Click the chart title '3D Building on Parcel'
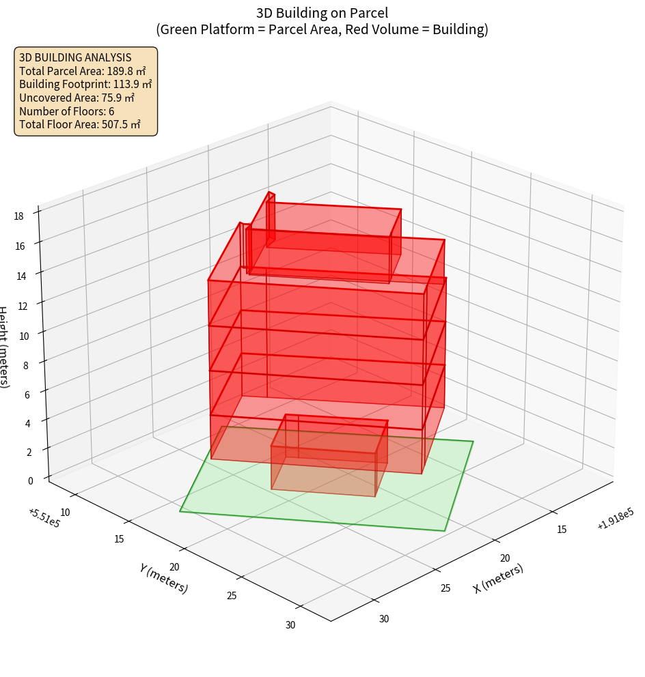coord(322,12)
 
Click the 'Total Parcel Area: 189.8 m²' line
coord(83,71)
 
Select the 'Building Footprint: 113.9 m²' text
coord(85,85)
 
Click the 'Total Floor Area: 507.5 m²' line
coord(80,125)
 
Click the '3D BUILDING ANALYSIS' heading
coord(75,57)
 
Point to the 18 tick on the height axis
coord(18,216)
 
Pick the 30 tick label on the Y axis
coord(290,625)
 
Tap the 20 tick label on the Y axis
coord(174,567)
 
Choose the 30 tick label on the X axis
coord(384,619)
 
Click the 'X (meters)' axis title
coord(498,578)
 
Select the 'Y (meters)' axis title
coord(163,578)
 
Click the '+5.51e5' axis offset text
coord(42,518)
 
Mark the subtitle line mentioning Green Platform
coord(322,29)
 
